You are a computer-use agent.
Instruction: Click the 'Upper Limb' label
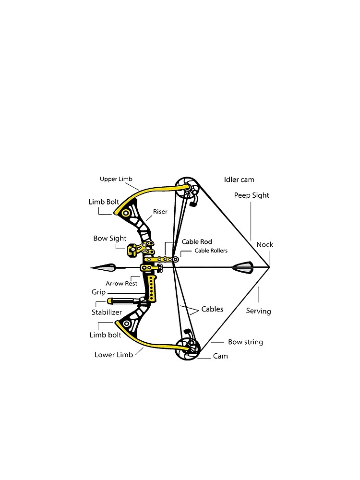point(116,179)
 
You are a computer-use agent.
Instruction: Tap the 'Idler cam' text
point(239,180)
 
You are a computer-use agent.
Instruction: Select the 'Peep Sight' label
point(252,195)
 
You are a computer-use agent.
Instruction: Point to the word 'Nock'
point(265,245)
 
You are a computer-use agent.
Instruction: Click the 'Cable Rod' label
point(197,242)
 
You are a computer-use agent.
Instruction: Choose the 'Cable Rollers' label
point(211,251)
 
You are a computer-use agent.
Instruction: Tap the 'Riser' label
point(160,212)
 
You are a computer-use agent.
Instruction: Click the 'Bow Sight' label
point(110,238)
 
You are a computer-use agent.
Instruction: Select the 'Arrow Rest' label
point(121,284)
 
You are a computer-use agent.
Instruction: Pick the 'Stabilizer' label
point(107,312)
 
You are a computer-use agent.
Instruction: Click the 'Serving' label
point(258,312)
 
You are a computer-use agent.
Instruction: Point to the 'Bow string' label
point(245,342)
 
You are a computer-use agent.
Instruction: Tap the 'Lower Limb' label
point(114,355)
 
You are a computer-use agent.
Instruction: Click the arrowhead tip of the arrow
point(91,268)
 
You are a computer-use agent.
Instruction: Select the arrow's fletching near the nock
point(242,267)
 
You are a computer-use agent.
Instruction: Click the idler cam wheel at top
point(187,187)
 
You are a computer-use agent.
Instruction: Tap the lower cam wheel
point(187,349)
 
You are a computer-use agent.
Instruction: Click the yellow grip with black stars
point(152,288)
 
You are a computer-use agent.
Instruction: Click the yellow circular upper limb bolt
point(125,213)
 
